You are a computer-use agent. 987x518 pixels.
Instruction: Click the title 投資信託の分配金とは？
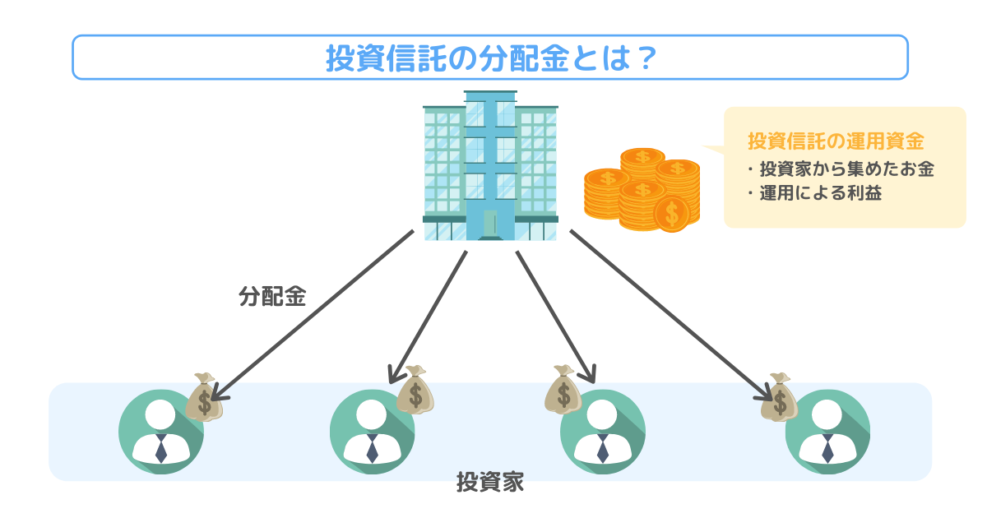pos(490,58)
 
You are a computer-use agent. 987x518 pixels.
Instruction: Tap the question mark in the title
pos(645,58)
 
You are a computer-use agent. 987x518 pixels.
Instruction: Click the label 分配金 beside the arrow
pos(272,297)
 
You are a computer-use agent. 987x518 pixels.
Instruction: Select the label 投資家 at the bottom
pos(490,482)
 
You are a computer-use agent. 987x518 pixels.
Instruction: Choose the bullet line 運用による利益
pos(814,195)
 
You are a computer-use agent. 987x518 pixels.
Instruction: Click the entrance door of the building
pos(490,223)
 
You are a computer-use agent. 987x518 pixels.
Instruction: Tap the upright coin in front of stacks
pos(672,214)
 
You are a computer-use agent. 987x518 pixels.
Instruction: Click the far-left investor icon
pos(161,432)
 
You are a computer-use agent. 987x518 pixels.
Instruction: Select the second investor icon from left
pos(373,432)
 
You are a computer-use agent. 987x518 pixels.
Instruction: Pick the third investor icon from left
pos(602,432)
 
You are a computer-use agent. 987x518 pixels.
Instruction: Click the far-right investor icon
pos(827,432)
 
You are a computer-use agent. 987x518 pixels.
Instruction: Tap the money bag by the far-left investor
pos(202,399)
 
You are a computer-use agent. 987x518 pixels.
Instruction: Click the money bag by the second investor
pos(415,391)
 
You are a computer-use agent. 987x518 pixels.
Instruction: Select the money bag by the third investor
pos(563,390)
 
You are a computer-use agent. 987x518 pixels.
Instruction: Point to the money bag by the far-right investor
pos(778,399)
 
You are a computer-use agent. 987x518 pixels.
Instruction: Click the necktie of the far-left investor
pos(161,449)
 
